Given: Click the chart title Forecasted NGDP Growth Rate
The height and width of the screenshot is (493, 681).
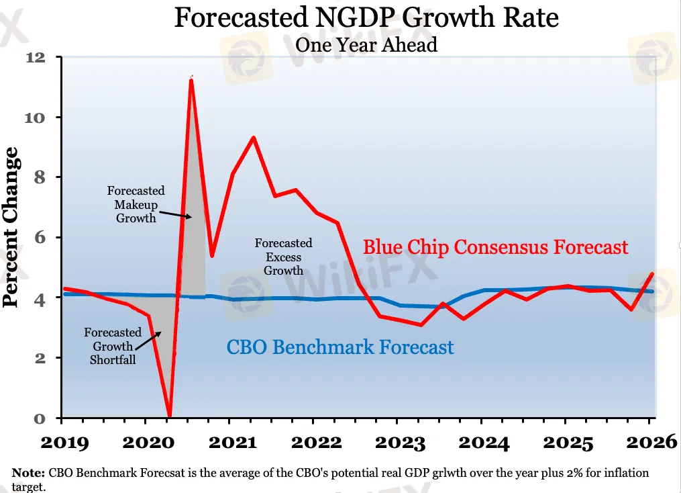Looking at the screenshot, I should [x=366, y=17].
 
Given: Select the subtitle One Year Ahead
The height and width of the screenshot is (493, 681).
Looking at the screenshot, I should [x=366, y=45].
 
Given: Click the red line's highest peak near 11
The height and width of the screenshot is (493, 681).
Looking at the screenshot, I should [x=191, y=80].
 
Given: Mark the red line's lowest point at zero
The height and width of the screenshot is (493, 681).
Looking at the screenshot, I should [x=169, y=416].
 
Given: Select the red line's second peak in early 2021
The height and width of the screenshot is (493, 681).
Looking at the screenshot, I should [x=253, y=138].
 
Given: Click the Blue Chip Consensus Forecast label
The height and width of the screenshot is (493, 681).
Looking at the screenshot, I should [x=495, y=246].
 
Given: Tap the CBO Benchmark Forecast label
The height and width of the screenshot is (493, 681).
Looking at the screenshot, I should [x=339, y=347].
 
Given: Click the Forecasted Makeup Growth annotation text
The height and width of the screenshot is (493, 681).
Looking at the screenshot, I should [x=136, y=204].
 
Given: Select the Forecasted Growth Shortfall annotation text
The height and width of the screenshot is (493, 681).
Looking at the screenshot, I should [x=113, y=346].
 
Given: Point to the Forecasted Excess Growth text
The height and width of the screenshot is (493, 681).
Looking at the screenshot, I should [x=283, y=257].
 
